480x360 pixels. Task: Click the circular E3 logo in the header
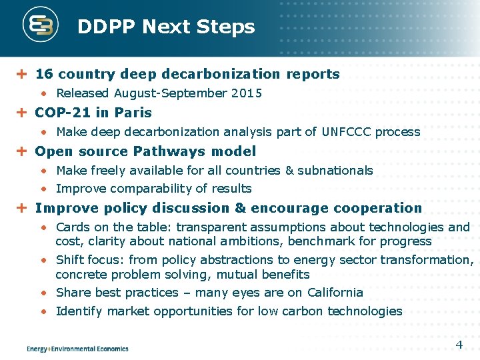[41, 26]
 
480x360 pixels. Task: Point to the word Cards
[73, 227]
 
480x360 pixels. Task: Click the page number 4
[459, 345]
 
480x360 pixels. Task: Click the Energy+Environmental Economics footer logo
[77, 348]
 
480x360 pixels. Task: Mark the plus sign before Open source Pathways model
[21, 151]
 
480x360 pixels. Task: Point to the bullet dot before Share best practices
[43, 293]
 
